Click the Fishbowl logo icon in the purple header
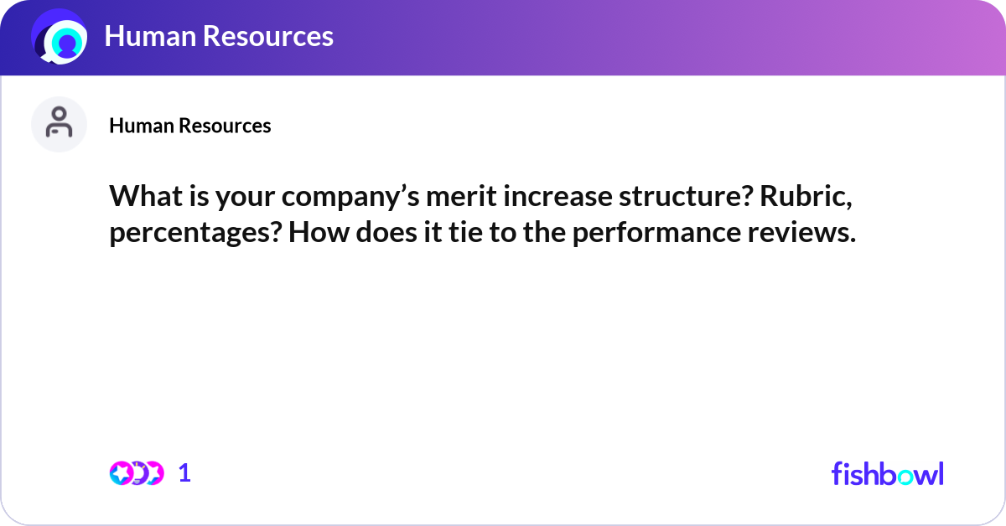point(59,38)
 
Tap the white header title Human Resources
point(219,36)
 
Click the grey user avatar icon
point(59,125)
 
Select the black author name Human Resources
point(189,126)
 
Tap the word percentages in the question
point(192,235)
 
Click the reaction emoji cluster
point(136,473)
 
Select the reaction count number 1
point(184,473)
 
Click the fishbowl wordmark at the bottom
point(887,473)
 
